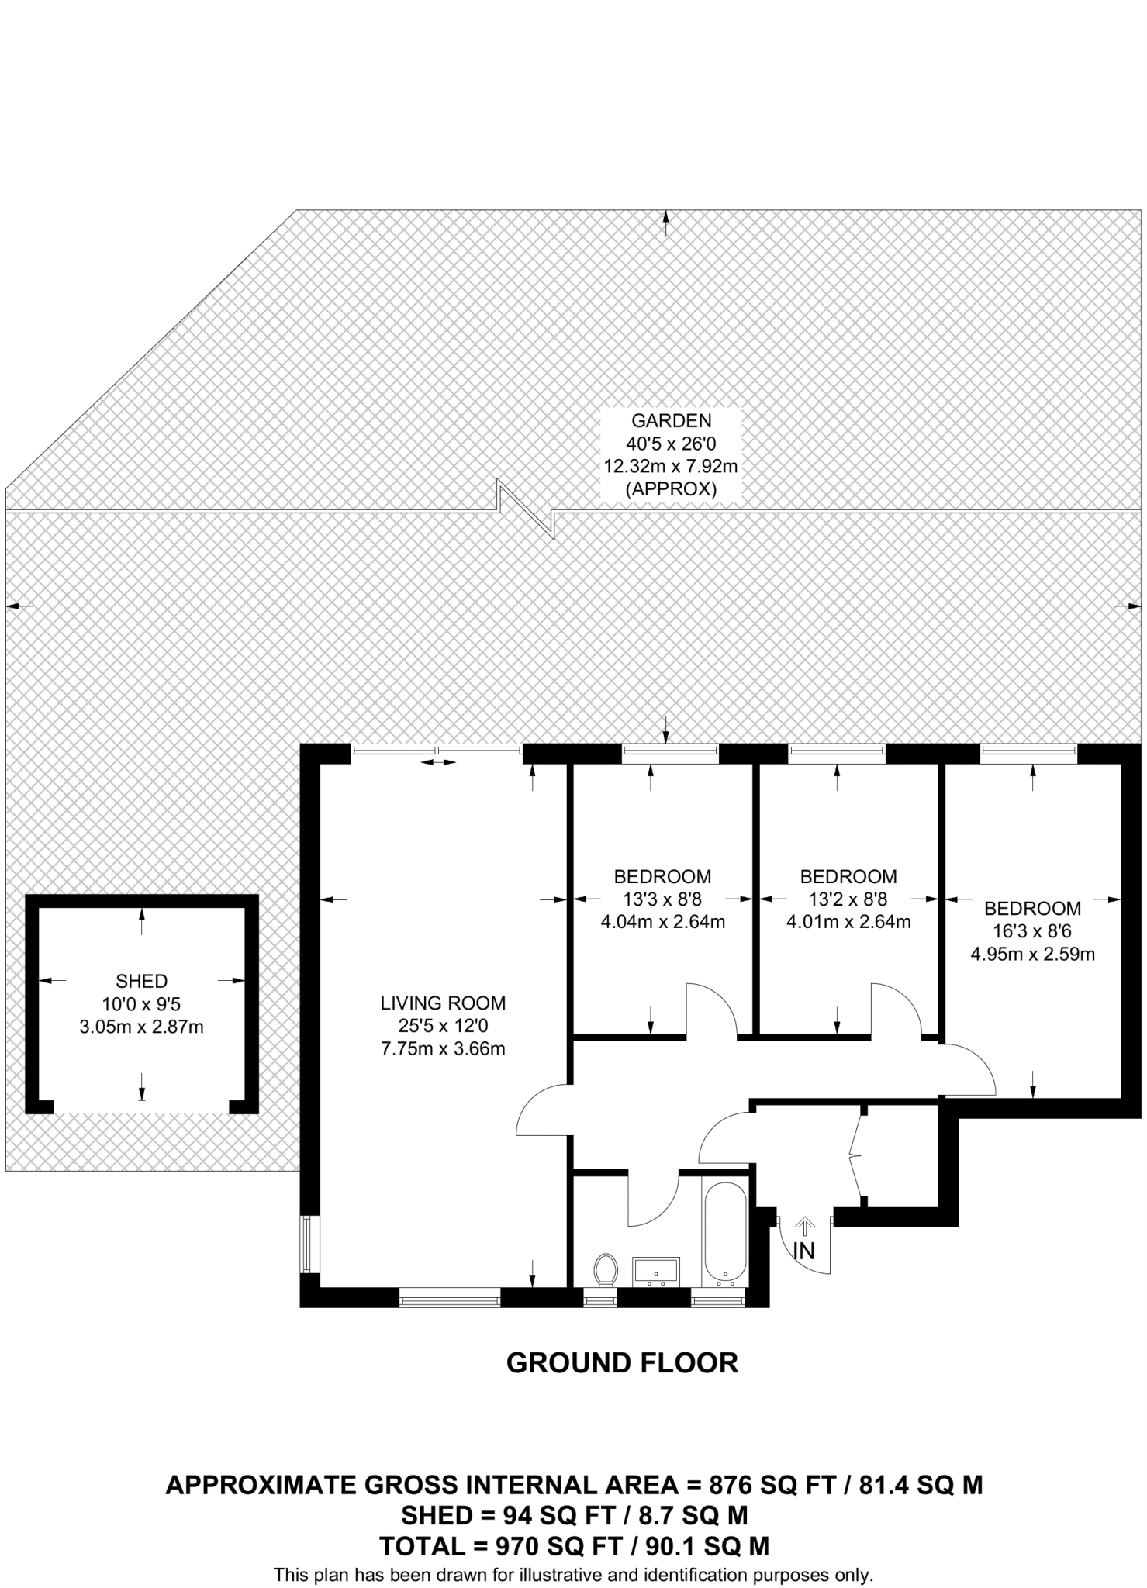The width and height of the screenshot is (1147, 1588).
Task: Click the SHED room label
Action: point(141,981)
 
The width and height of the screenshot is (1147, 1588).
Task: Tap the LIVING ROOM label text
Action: point(443,1003)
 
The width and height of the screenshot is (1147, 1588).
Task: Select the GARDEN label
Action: point(671,421)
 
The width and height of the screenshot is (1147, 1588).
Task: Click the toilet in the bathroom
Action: point(606,1269)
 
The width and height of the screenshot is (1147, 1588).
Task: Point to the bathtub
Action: point(724,1231)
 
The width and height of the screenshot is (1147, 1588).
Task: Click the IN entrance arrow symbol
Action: point(806,1226)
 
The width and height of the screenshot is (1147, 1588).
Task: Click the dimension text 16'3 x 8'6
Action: point(1032,931)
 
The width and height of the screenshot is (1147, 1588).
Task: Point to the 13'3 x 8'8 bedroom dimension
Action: point(662,899)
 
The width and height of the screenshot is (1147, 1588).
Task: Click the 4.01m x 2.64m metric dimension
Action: point(848,923)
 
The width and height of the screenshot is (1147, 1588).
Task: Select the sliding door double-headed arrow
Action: point(439,763)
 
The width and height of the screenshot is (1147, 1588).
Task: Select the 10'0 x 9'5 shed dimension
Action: point(141,1004)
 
